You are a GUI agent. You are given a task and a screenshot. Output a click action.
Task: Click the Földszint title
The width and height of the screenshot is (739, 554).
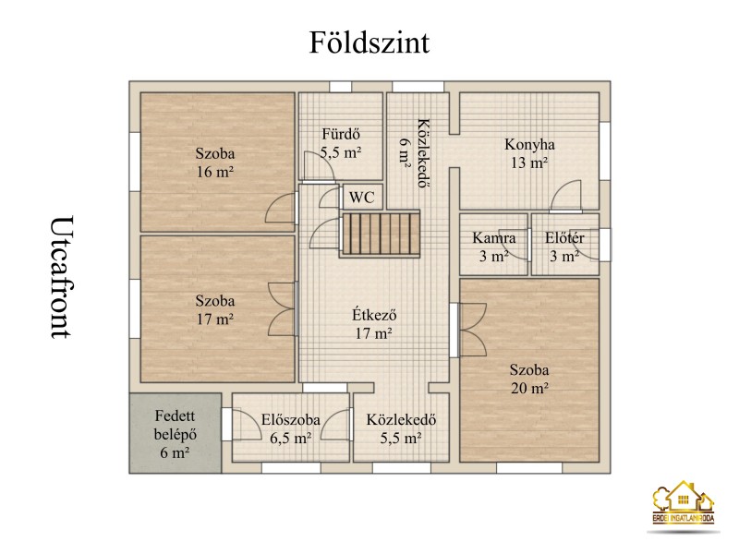tap(369, 42)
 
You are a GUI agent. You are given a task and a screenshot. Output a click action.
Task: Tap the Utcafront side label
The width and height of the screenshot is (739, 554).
tap(62, 277)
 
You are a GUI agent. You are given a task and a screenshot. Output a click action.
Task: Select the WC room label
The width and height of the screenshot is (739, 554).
tap(361, 198)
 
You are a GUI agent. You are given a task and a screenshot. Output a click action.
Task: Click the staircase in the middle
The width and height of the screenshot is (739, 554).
tap(380, 234)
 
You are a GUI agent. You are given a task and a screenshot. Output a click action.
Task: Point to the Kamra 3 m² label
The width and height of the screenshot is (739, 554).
tap(493, 247)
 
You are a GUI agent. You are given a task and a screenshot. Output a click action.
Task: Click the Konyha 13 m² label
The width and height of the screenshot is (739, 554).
tap(529, 153)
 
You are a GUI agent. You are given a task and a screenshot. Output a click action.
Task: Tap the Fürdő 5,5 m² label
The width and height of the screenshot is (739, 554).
tap(341, 143)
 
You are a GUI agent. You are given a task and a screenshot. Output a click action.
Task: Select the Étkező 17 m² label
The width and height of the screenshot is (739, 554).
tap(374, 324)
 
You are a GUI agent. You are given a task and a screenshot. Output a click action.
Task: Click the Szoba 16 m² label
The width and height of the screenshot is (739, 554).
tap(215, 163)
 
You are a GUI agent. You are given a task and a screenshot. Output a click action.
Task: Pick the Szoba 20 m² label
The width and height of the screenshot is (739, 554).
tap(529, 379)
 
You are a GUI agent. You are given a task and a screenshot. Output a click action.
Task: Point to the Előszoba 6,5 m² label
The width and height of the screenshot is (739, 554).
tap(290, 428)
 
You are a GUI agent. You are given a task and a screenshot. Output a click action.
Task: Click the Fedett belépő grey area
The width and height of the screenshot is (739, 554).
tap(175, 433)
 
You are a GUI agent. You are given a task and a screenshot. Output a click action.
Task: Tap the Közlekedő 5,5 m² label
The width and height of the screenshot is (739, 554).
tap(401, 428)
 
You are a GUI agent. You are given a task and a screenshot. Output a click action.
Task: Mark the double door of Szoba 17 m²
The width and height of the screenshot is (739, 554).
tap(283, 309)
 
